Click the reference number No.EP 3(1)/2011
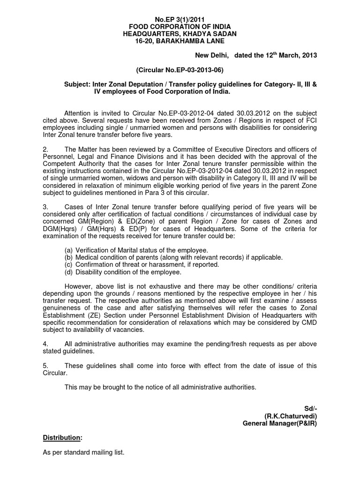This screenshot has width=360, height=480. click(x=180, y=19)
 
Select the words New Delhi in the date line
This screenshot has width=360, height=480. click(x=212, y=55)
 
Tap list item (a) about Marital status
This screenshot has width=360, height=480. click(x=136, y=250)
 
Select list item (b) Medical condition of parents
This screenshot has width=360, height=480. click(x=173, y=257)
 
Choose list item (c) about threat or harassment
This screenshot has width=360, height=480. click(x=142, y=264)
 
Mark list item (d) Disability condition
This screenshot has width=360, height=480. click(x=123, y=272)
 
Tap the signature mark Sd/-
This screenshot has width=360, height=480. click(x=310, y=409)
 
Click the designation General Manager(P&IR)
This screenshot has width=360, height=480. click(x=279, y=423)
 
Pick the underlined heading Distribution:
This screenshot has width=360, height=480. click(x=62, y=438)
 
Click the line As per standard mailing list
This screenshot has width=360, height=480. click(x=83, y=453)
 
